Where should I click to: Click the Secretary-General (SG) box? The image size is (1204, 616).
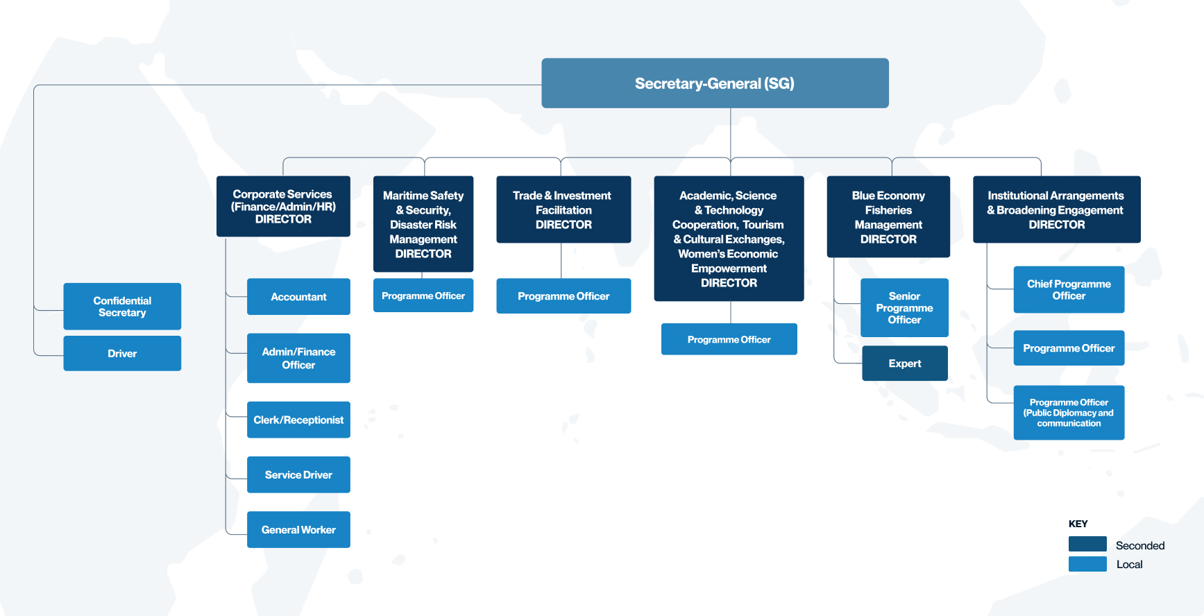point(715,83)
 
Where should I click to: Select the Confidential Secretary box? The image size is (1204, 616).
point(122,306)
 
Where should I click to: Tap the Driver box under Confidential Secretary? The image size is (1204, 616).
point(122,353)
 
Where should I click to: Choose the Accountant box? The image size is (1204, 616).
point(298,296)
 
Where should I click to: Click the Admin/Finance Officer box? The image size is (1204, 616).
point(298,358)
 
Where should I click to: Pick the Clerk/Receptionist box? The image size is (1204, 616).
point(298,420)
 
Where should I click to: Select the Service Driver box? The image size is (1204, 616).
point(298,474)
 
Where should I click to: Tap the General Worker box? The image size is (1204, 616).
point(298,529)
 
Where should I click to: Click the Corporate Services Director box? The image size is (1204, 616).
point(283,206)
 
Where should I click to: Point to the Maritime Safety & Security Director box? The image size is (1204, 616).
point(423,224)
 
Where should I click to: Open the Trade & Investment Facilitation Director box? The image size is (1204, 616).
point(563,209)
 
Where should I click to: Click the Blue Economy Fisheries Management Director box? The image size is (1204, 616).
point(888,216)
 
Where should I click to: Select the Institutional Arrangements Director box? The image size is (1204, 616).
point(1057,209)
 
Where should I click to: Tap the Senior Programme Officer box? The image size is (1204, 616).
point(904,307)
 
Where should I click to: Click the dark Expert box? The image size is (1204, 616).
point(905,363)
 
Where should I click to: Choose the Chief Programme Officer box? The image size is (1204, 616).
point(1069,289)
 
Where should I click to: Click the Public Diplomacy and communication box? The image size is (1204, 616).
point(1069,413)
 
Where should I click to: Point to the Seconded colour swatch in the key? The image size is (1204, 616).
point(1087,544)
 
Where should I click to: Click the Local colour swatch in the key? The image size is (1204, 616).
point(1087,564)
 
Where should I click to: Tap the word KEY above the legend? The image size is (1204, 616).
point(1078,524)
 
